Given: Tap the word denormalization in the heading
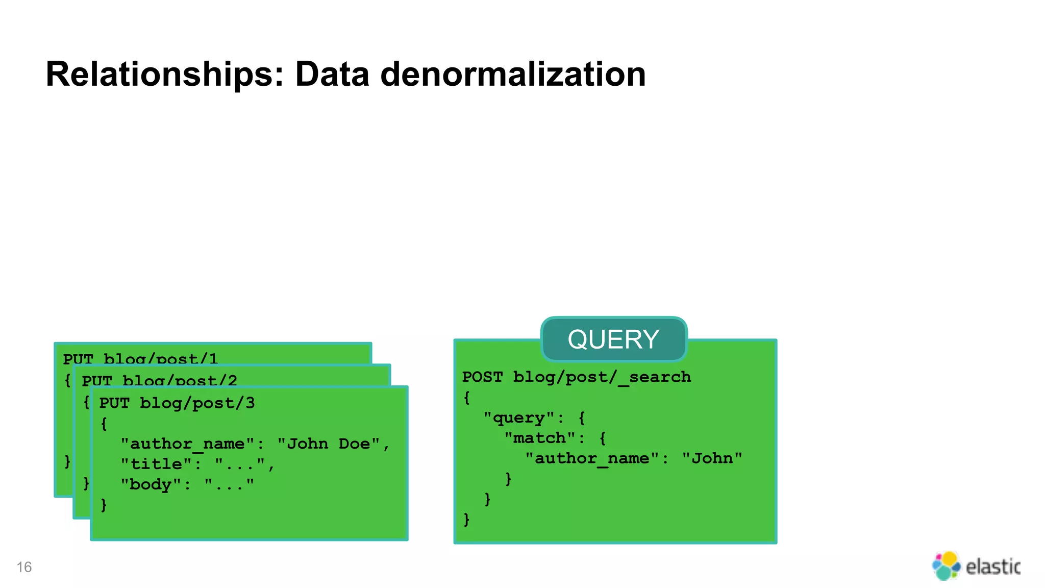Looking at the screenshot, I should (x=513, y=75).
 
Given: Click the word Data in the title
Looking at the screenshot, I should (x=332, y=75).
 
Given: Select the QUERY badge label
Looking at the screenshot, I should (x=613, y=339).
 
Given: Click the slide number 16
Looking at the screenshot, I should (x=24, y=567).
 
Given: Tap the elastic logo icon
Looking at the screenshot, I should (x=946, y=566).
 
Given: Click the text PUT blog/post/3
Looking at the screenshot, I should (x=177, y=403).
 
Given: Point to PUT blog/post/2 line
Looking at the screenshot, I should (x=159, y=380).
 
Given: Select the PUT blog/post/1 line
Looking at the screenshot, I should (x=140, y=358).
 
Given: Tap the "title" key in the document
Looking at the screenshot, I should (x=156, y=464).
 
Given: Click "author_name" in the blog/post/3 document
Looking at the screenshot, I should (x=187, y=444).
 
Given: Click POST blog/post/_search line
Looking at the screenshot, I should (x=576, y=377).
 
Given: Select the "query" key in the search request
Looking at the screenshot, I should (x=518, y=418).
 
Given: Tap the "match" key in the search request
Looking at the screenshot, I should (x=539, y=438).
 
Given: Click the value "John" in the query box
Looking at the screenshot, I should (x=712, y=458).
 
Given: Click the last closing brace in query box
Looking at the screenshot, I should (x=466, y=520).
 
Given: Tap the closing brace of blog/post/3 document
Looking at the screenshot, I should (x=104, y=505).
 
